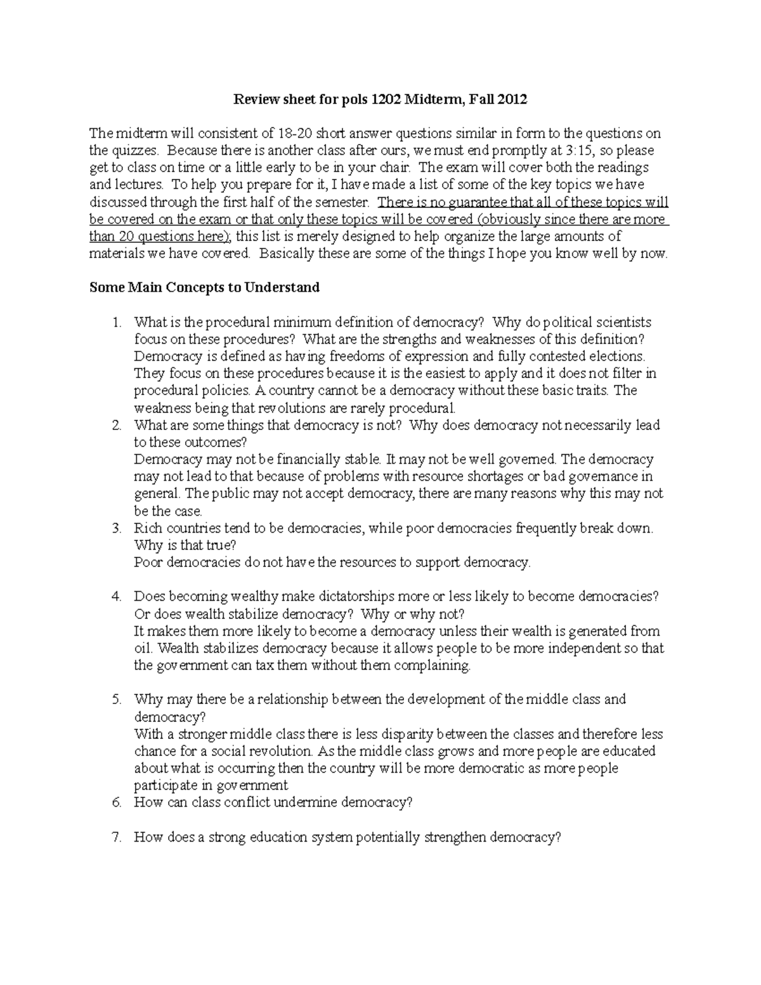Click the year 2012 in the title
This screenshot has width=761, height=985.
tap(512, 99)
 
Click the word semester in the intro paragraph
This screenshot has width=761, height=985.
tap(343, 202)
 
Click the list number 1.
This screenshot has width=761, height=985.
tap(116, 322)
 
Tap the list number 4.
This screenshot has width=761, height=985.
tap(116, 596)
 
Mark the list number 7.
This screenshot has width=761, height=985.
tap(116, 837)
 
